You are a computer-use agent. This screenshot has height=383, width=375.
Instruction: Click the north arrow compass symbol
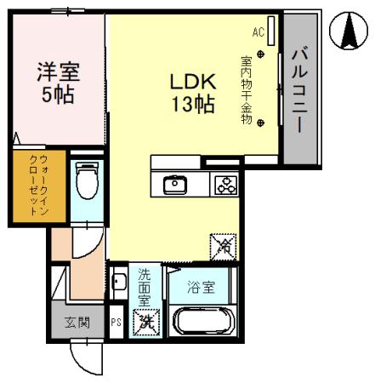(348, 31)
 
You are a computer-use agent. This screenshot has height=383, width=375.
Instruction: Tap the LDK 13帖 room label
(191, 94)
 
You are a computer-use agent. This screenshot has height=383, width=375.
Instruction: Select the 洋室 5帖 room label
(57, 81)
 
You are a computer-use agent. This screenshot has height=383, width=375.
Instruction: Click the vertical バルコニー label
(300, 89)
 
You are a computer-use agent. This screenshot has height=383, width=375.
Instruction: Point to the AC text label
(258, 33)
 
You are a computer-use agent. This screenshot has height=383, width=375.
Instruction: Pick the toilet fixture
(85, 180)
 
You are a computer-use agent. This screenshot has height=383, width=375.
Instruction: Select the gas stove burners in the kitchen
(225, 184)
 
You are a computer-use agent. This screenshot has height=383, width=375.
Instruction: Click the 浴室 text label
(203, 287)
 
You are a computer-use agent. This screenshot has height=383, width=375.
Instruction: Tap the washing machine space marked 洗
(146, 323)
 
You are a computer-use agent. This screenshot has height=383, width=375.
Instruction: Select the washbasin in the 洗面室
(118, 282)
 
